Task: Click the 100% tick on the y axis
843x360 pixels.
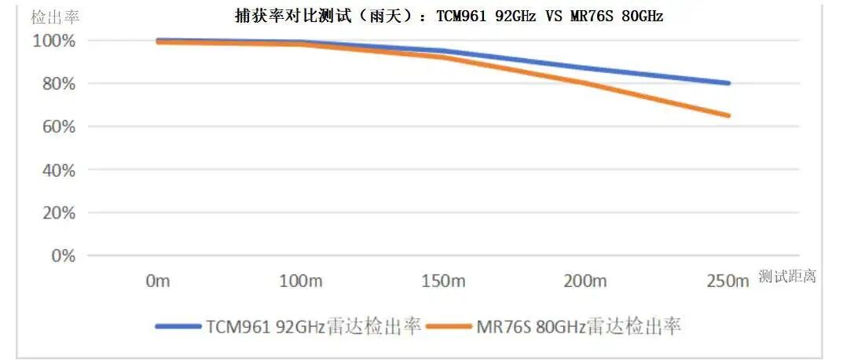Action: (53, 41)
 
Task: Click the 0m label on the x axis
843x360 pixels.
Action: (158, 281)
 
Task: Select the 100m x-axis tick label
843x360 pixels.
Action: (301, 281)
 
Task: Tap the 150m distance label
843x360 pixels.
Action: (443, 281)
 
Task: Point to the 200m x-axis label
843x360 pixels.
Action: (585, 281)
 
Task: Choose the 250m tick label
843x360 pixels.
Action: (728, 281)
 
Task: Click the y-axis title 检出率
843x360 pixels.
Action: (55, 17)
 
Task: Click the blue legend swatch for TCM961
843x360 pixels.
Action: (178, 326)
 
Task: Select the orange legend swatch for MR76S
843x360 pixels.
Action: (449, 326)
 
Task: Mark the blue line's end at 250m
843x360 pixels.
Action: (728, 83)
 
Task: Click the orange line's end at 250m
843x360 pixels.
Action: (728, 116)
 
